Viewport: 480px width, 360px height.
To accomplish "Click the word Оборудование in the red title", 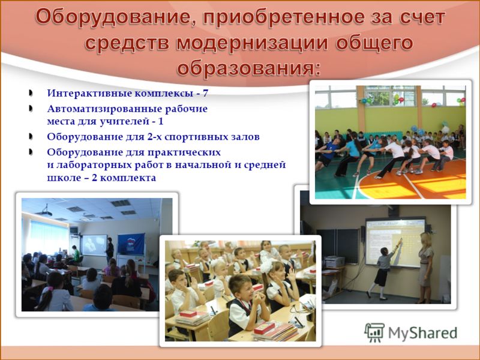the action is click(x=112, y=17).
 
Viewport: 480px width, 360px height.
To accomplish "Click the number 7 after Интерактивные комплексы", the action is click(x=205, y=93).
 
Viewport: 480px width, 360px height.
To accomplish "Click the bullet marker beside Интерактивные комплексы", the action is click(x=31, y=93).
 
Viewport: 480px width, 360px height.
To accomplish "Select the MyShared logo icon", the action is click(x=374, y=332).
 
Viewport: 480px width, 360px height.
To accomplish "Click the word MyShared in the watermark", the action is click(x=422, y=333).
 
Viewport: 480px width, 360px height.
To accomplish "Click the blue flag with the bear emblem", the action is click(x=131, y=244).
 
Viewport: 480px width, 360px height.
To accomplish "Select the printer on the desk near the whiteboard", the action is click(x=334, y=262).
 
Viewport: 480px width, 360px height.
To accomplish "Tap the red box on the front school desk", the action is click(x=264, y=328).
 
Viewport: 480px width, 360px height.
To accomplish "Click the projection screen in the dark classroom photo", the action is click(x=94, y=245).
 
